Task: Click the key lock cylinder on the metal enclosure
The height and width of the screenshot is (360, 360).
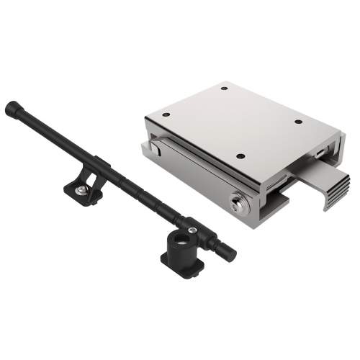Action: click(x=237, y=202)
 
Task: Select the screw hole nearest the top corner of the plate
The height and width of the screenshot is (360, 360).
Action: click(x=225, y=89)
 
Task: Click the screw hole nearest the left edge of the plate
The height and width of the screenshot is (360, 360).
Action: click(x=167, y=113)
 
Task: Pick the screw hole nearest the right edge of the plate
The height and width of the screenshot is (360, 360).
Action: click(x=297, y=122)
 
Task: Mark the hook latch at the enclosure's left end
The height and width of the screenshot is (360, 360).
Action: click(x=153, y=148)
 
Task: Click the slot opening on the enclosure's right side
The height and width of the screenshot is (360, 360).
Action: click(x=318, y=154)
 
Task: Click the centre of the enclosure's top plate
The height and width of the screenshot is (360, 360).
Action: click(x=230, y=122)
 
